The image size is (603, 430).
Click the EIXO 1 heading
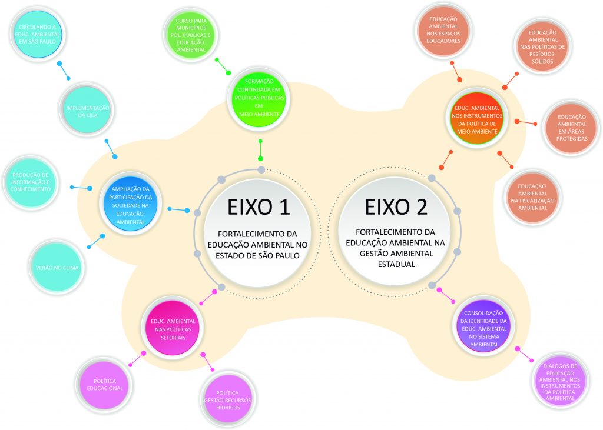click(x=258, y=206)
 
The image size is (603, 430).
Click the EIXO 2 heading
click(x=396, y=206)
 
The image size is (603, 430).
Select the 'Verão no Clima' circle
click(x=57, y=268)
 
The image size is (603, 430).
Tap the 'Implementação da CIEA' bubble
click(x=88, y=111)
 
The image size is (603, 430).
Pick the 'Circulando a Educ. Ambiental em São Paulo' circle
click(x=37, y=34)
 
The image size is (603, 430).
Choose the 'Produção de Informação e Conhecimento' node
click(x=31, y=182)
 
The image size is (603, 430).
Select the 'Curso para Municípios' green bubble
click(x=191, y=35)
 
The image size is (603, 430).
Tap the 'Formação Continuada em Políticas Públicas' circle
click(x=259, y=98)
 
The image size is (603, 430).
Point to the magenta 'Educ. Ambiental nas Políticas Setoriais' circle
click(x=173, y=329)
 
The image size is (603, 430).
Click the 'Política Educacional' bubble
click(x=105, y=385)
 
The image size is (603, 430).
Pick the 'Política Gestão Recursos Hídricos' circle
click(x=228, y=400)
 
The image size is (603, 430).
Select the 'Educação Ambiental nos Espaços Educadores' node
click(x=443, y=30)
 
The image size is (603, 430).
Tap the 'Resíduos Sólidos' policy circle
click(x=542, y=46)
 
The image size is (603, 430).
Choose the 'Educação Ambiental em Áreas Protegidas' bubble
click(x=571, y=128)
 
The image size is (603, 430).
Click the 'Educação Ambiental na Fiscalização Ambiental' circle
click(x=532, y=196)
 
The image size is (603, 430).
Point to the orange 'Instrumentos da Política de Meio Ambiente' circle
click(x=477, y=119)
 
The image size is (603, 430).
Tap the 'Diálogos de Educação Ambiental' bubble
click(x=560, y=382)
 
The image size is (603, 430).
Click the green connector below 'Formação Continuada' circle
click(x=260, y=150)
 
